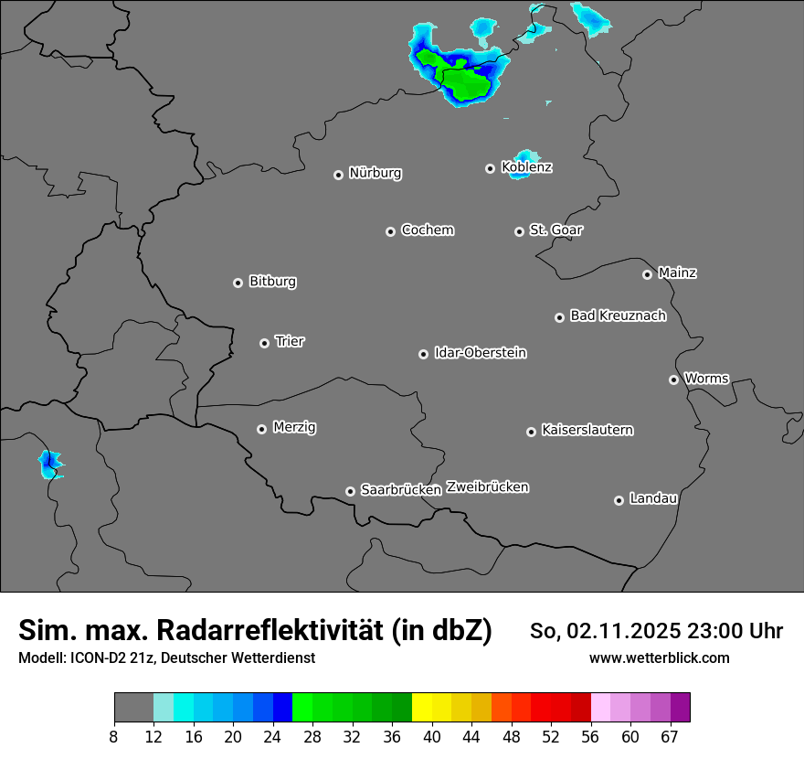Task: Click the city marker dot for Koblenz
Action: tap(491, 168)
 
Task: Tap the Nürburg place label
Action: tap(375, 173)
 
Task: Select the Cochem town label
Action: tap(428, 230)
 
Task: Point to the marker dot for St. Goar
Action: tap(519, 232)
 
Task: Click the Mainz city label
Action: tap(677, 273)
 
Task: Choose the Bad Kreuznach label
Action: tap(618, 315)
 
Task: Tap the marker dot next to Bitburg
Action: tap(238, 283)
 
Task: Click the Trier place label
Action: tap(290, 341)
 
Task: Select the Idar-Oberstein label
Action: tap(480, 352)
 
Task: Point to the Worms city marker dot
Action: tap(673, 379)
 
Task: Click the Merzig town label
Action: tap(294, 427)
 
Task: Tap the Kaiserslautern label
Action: tap(587, 430)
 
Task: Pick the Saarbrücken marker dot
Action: tap(350, 491)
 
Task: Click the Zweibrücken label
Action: tap(487, 486)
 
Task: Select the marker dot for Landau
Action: tap(619, 500)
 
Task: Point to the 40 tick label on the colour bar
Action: tap(432, 736)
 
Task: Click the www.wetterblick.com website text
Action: tap(659, 657)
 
